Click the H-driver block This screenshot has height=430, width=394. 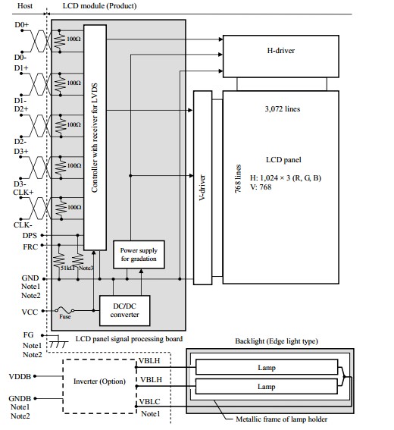click(x=281, y=56)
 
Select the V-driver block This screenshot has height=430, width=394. click(x=203, y=187)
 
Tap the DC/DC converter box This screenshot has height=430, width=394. click(x=125, y=310)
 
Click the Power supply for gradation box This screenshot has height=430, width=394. click(x=139, y=255)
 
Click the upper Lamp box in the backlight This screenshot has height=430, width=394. click(x=267, y=367)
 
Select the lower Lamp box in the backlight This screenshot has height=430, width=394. click(x=267, y=387)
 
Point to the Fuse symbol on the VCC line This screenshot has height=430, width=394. click(x=64, y=310)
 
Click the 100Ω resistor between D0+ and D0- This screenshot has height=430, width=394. click(x=60, y=41)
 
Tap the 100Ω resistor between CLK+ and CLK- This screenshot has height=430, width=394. click(x=61, y=209)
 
